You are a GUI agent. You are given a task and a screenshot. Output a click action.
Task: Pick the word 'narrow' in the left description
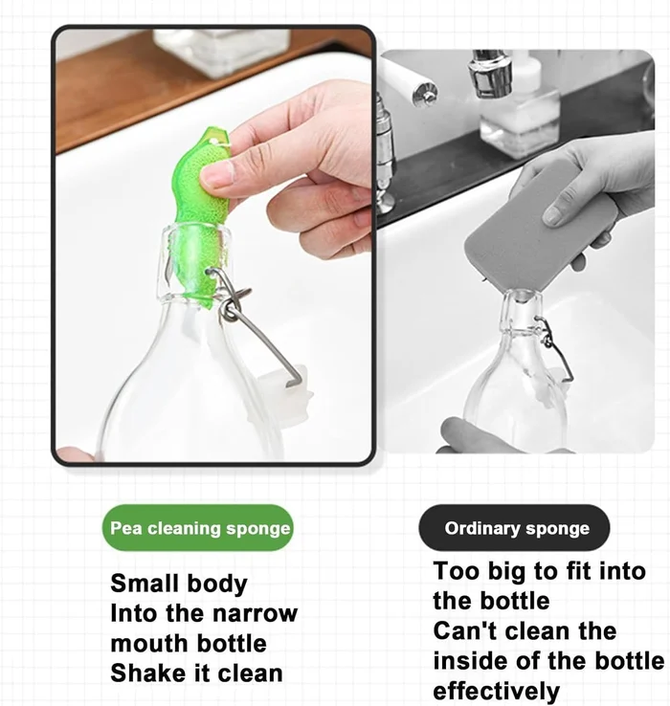(x=259, y=613)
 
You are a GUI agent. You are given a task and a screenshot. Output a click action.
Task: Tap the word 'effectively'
(x=496, y=691)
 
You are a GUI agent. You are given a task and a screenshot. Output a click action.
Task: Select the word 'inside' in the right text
(x=469, y=661)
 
